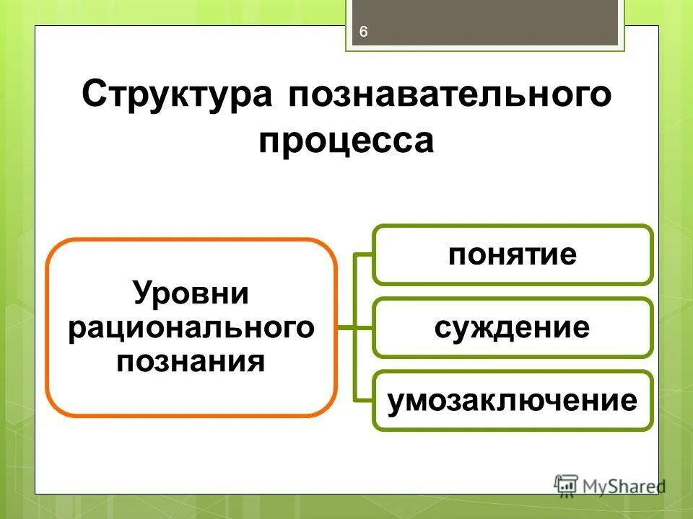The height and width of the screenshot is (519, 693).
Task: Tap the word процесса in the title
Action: [346, 141]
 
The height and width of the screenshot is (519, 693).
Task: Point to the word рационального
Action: [191, 328]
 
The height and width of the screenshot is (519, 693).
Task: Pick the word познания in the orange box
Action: [191, 360]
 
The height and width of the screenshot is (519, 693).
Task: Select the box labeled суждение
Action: [513, 328]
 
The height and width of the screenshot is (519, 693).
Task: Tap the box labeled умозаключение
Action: [513, 401]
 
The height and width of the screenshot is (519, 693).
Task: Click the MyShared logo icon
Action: [566, 484]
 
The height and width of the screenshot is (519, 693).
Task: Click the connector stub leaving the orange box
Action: [346, 328]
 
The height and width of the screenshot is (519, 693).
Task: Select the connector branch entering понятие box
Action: [363, 254]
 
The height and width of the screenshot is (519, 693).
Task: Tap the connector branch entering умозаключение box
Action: [363, 401]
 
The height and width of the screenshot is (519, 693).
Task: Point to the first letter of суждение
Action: [443, 329]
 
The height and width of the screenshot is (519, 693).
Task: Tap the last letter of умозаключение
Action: [629, 401]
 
